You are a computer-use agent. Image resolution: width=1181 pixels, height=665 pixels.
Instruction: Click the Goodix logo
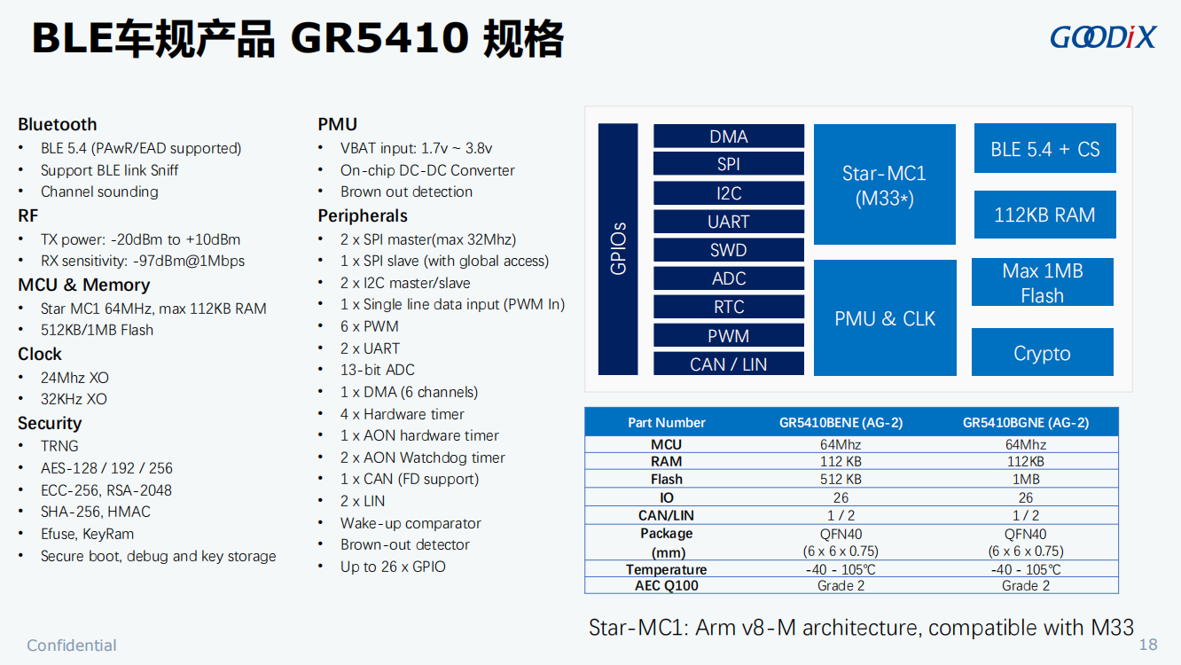point(1103,37)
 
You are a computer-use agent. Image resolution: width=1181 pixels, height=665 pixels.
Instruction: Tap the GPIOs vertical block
point(618,249)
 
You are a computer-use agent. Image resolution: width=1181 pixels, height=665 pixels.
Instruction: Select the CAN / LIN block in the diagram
point(729,364)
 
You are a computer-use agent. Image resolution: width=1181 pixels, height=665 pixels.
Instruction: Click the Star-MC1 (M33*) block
point(885,184)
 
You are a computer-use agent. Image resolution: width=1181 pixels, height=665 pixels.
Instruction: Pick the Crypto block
point(1043,352)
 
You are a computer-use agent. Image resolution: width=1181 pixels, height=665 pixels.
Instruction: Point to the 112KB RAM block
point(1045,215)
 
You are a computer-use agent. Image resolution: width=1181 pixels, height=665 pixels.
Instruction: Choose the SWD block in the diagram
point(729,250)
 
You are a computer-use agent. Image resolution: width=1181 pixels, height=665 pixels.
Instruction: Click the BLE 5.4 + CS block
point(1045,148)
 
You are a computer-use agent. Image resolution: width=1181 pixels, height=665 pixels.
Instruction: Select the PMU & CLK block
point(885,318)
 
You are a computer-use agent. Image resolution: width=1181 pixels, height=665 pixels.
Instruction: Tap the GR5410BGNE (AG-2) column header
point(1026,422)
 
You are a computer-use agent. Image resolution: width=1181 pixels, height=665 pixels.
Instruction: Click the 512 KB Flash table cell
point(841,479)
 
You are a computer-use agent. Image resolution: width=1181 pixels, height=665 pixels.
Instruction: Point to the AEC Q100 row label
point(667,585)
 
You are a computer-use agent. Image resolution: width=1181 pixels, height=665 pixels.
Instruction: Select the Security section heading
point(50,423)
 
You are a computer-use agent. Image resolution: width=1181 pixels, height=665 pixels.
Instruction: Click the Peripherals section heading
point(363,215)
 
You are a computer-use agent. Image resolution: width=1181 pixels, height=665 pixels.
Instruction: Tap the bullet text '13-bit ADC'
point(378,370)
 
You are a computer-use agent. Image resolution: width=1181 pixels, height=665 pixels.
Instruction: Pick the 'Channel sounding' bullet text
point(99,192)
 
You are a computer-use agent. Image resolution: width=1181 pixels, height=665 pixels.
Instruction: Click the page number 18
point(1148,645)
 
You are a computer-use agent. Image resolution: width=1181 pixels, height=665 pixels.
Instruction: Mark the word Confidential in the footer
point(72,645)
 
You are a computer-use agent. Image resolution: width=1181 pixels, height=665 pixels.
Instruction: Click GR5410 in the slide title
point(379,38)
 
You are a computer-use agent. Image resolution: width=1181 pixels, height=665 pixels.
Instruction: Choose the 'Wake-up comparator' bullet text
point(411,523)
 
